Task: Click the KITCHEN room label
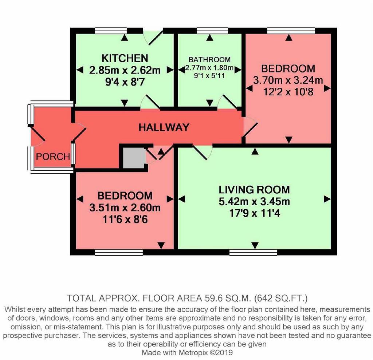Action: pyautogui.click(x=125, y=58)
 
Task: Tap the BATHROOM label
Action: pyautogui.click(x=209, y=59)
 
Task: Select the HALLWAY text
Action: pyautogui.click(x=164, y=127)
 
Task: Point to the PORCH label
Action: pyautogui.click(x=53, y=157)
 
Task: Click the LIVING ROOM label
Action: pyautogui.click(x=254, y=190)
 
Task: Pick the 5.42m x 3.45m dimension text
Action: pyautogui.click(x=254, y=201)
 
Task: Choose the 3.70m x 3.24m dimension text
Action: pyautogui.click(x=288, y=80)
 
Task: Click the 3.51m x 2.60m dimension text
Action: pyautogui.click(x=125, y=207)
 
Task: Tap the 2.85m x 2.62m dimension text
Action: pyautogui.click(x=125, y=70)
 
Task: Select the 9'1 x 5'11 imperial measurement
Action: pyautogui.click(x=209, y=76)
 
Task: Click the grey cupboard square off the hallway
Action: pyautogui.click(x=134, y=158)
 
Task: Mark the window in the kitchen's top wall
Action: pyautogui.click(x=111, y=31)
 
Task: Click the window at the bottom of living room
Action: pyautogui.click(x=253, y=252)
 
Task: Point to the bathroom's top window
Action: pyautogui.click(x=212, y=31)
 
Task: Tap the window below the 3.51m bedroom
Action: pyautogui.click(x=119, y=252)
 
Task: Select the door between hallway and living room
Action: pyautogui.click(x=202, y=152)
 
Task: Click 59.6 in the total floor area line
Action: pyautogui.click(x=211, y=298)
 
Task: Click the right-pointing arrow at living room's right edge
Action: pyautogui.click(x=327, y=199)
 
